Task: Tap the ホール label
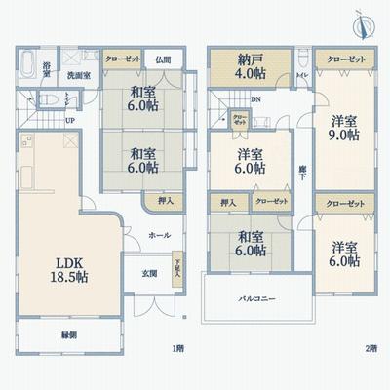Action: tap(160, 235)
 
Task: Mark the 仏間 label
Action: tap(164, 58)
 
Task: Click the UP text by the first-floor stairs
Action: tap(68, 121)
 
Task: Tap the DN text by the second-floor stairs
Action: tap(256, 99)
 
